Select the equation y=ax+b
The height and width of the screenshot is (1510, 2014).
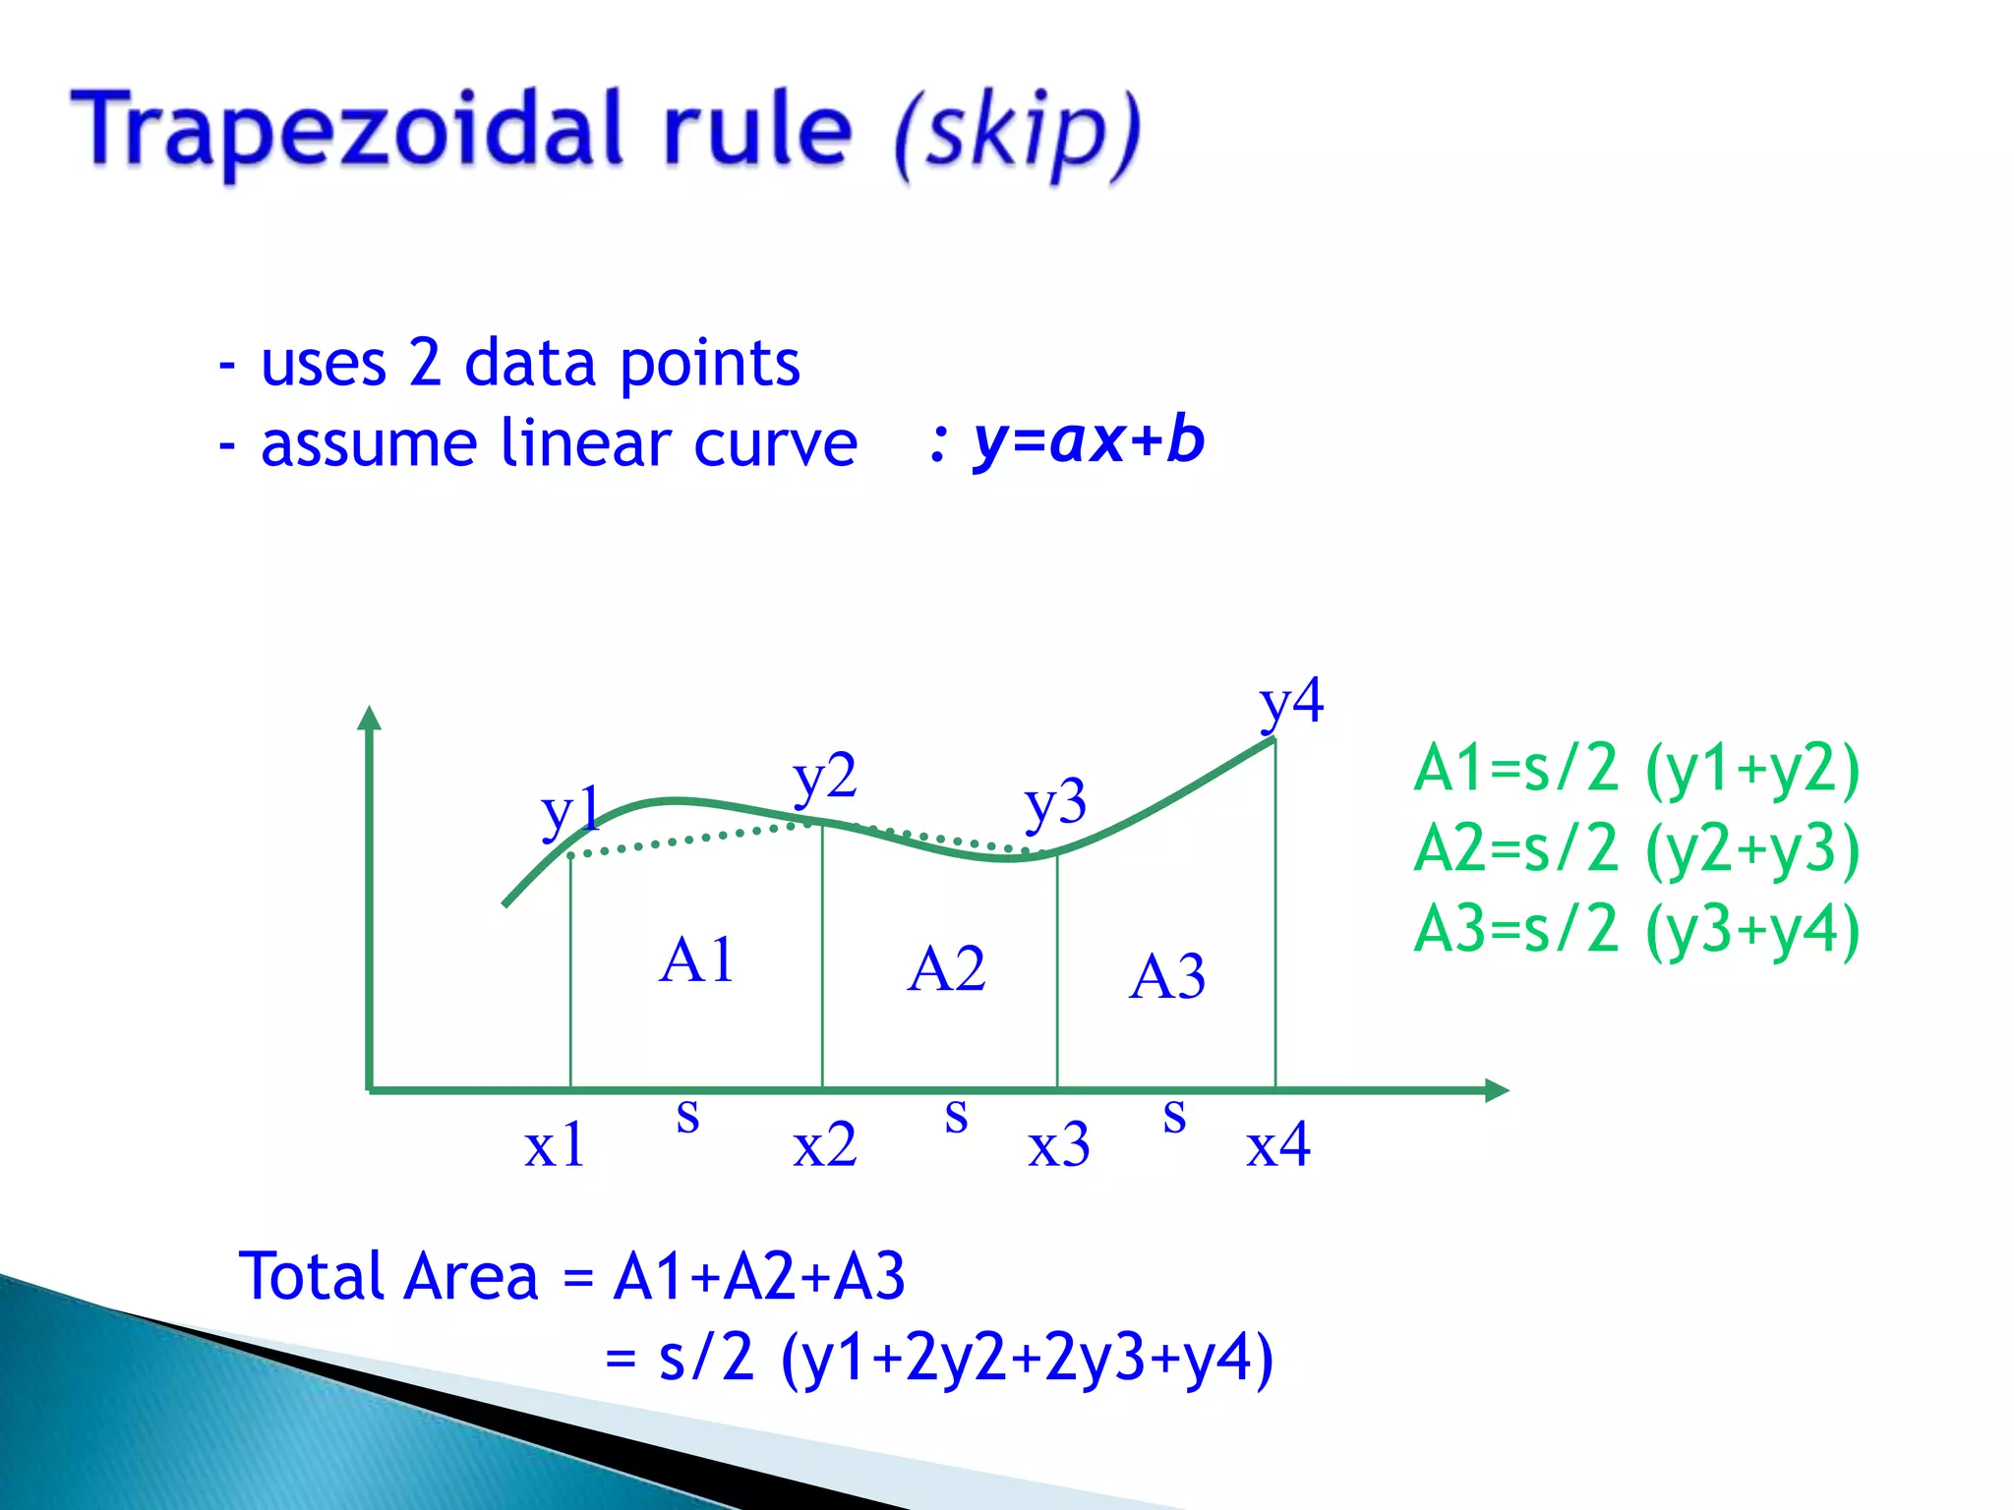pos(1089,440)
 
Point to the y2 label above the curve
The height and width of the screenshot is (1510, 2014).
pos(825,777)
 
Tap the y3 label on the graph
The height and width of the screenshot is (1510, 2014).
pos(1055,802)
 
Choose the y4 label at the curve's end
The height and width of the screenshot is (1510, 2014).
pos(1291,702)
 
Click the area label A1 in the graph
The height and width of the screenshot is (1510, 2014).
pos(696,959)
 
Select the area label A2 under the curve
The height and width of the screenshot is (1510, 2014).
pos(946,969)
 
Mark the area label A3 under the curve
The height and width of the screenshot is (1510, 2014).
pos(1167,977)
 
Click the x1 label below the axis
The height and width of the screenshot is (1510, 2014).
pos(555,1145)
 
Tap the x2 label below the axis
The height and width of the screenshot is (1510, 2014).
pos(824,1145)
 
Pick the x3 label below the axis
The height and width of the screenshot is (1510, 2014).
pos(1059,1145)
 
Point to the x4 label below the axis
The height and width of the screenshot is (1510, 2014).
pos(1277,1145)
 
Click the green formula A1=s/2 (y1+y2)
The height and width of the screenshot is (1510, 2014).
pos(1636,768)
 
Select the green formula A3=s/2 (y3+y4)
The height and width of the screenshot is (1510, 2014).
pos(1636,929)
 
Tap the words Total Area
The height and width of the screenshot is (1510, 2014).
pos(388,1276)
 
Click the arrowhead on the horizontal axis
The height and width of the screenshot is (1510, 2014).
pos(1496,1089)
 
